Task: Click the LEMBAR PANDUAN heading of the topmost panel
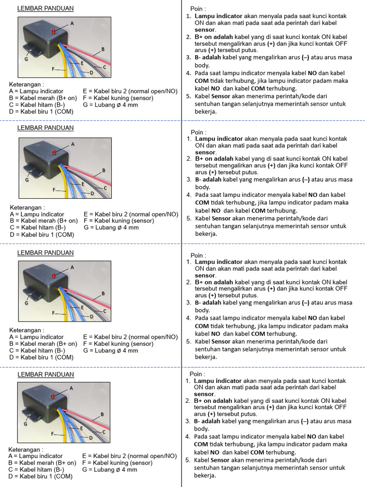click(45, 9)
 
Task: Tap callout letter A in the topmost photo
click(72, 23)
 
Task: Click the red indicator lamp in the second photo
click(54, 152)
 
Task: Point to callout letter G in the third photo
click(27, 302)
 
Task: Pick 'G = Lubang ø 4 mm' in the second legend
click(111, 227)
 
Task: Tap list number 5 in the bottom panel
click(188, 460)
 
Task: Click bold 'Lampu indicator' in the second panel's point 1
click(219, 138)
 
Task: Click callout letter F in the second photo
click(54, 189)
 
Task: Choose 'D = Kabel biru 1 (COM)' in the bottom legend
click(40, 476)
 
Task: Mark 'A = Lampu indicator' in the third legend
click(36, 337)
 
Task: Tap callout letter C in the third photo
click(105, 311)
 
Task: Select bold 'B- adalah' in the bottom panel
click(207, 421)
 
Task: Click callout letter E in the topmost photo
click(82, 63)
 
